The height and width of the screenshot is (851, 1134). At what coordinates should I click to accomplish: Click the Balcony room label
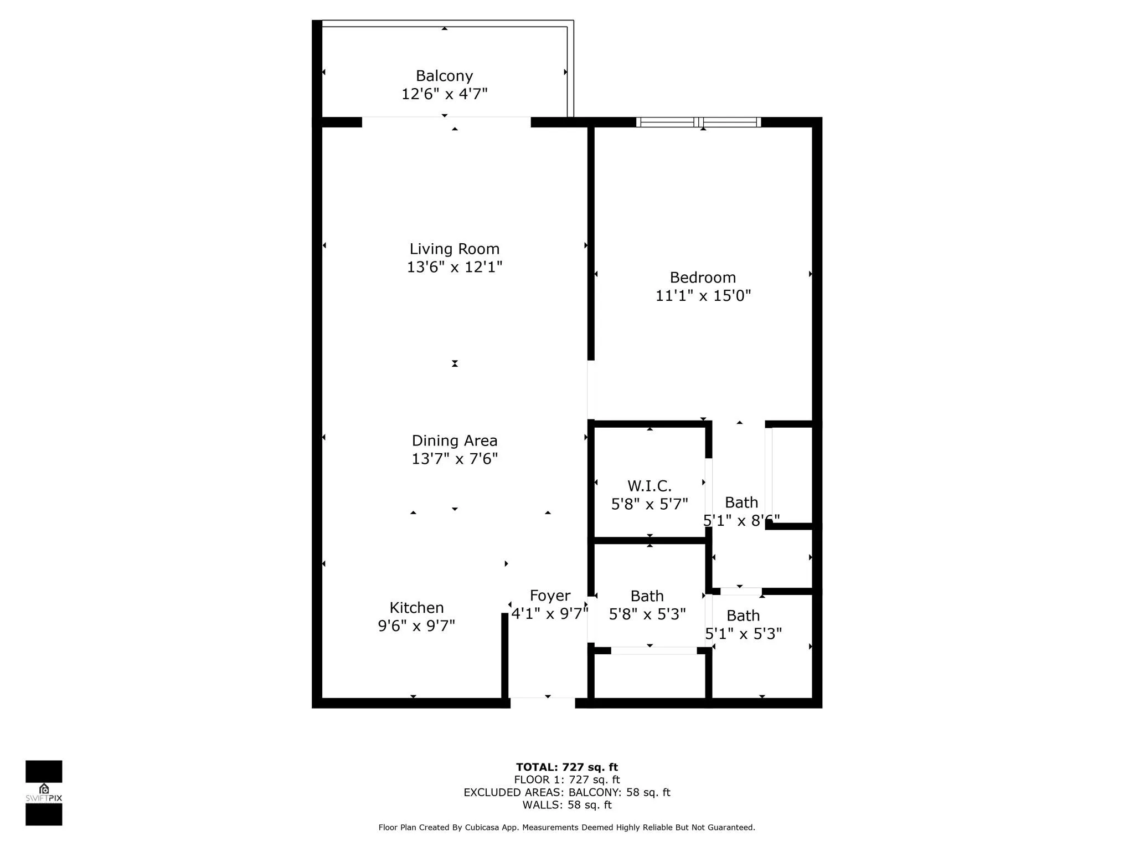click(444, 76)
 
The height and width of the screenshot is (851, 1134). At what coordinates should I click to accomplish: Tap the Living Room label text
click(455, 249)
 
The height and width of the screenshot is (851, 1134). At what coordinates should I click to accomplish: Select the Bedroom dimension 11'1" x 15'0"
click(703, 295)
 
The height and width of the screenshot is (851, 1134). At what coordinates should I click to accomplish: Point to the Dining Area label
click(455, 441)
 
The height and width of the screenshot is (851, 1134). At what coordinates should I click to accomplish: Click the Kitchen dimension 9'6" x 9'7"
click(416, 626)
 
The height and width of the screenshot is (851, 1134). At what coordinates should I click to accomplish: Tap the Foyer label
click(550, 596)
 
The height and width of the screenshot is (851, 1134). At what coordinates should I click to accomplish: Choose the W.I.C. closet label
click(650, 486)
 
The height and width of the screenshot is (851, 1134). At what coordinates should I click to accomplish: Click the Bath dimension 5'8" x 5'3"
click(647, 614)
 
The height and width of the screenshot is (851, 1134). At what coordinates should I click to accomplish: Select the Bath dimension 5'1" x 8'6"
click(741, 520)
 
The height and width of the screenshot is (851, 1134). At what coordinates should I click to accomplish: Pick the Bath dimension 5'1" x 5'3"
click(743, 633)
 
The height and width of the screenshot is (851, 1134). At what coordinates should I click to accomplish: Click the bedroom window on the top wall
click(698, 122)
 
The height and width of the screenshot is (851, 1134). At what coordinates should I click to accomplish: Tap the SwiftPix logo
click(44, 793)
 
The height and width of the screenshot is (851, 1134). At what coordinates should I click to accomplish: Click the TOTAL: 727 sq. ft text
click(567, 767)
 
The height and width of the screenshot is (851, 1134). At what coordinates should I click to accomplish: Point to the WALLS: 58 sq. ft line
click(567, 805)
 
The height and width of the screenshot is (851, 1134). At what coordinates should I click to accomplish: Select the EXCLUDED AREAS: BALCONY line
click(567, 792)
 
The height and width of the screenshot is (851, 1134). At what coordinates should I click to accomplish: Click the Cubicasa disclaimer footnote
click(567, 827)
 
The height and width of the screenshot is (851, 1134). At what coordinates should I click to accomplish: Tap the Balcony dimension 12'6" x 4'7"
click(444, 94)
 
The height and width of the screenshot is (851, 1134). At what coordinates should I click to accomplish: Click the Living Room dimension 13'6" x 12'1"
click(455, 267)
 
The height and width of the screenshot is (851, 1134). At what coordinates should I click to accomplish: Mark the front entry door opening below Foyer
click(543, 703)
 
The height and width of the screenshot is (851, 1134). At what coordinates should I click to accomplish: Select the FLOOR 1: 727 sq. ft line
click(567, 780)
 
